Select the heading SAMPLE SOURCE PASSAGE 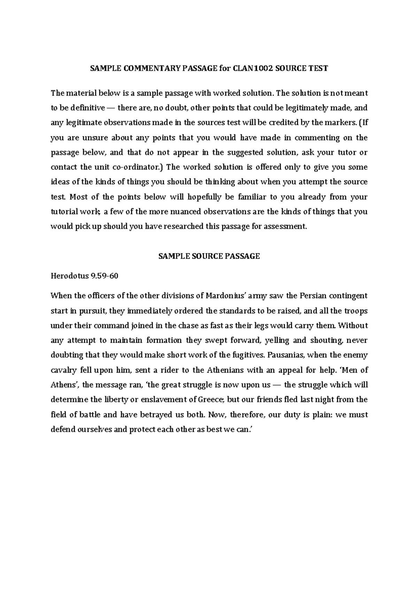point(209,256)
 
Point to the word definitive point(87,108)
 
